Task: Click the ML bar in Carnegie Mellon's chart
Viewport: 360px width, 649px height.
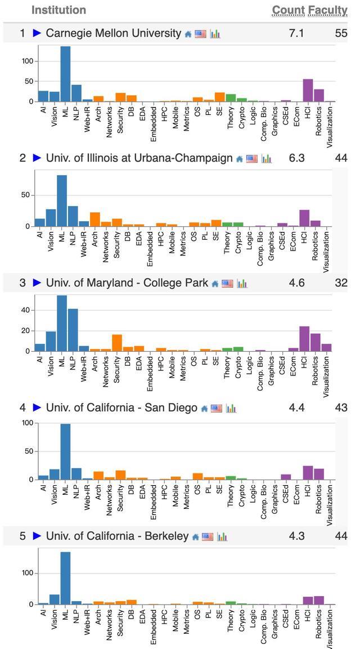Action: [65, 74]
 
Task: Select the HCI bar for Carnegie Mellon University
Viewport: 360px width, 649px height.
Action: [308, 90]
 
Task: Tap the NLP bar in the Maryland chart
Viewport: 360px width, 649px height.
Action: [73, 330]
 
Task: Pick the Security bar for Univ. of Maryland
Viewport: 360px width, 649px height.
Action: [117, 343]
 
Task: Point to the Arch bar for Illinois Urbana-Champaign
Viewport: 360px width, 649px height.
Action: [95, 220]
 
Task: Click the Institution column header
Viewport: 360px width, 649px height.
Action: [58, 10]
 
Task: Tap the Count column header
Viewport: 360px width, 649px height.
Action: [288, 10]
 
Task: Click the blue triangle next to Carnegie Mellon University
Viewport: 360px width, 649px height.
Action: [37, 33]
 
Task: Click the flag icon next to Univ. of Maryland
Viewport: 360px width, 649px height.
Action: [227, 284]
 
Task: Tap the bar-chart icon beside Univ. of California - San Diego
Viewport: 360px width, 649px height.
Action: [231, 408]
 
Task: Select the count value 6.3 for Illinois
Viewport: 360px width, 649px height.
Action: [296, 158]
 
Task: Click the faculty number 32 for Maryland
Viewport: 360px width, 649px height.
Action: [341, 283]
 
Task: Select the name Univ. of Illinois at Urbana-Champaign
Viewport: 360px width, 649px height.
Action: [139, 158]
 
